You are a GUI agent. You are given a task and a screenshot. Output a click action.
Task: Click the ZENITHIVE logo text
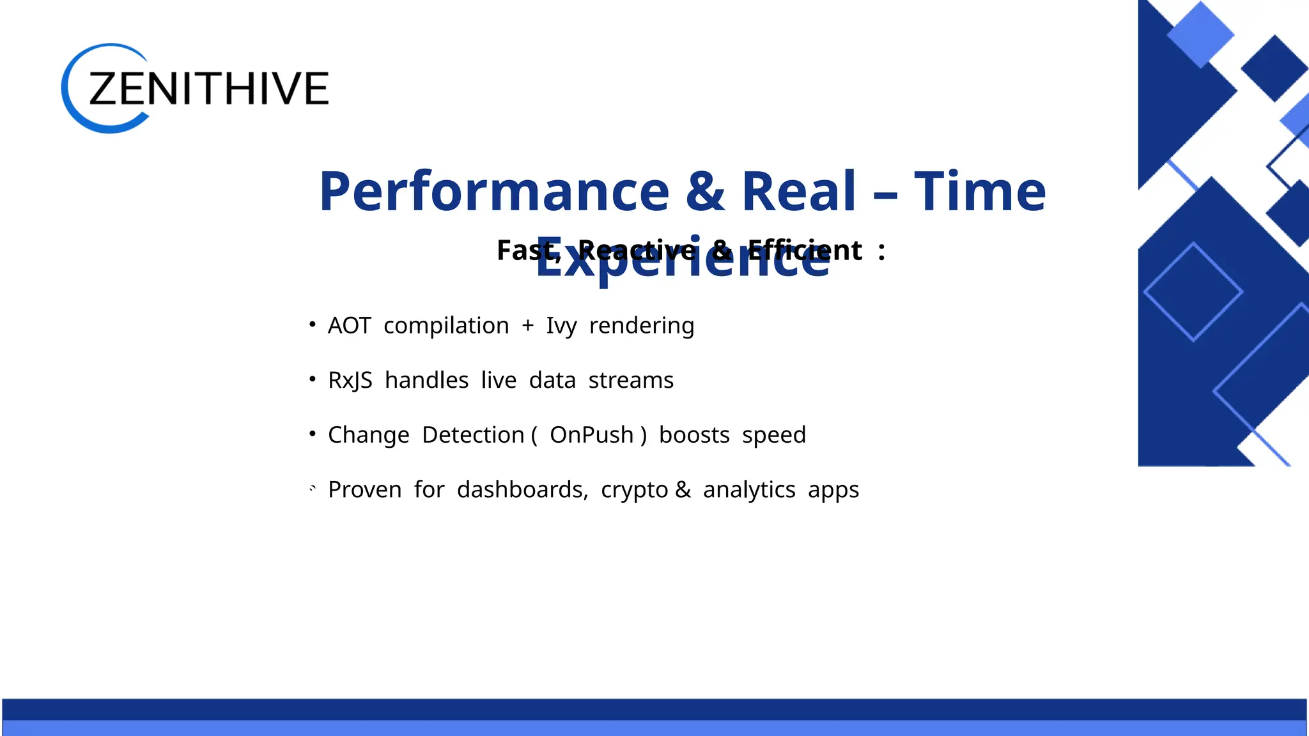208,88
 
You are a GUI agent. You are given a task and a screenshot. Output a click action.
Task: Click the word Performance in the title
493,191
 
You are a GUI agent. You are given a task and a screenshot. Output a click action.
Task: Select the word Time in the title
980,191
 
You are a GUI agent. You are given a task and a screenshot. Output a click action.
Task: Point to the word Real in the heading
798,191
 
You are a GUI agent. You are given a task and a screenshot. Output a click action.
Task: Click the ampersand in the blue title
705,191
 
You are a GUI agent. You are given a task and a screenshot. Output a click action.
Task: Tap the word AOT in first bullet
349,326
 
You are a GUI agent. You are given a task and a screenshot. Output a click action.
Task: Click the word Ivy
561,326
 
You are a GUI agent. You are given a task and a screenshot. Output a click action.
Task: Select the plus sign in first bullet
527,326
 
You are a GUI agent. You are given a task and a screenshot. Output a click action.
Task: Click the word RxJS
350,381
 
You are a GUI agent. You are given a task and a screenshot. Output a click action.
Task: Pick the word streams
631,381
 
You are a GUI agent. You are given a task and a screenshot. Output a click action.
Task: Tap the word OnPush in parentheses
591,435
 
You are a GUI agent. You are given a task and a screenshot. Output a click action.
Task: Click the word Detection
473,435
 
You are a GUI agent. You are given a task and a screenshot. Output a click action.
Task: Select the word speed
773,436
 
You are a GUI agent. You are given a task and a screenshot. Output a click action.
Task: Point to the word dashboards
522,490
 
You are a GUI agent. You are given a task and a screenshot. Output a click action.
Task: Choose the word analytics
749,490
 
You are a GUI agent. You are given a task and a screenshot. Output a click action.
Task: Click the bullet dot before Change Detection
313,434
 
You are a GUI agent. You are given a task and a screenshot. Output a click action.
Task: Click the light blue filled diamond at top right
1200,34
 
